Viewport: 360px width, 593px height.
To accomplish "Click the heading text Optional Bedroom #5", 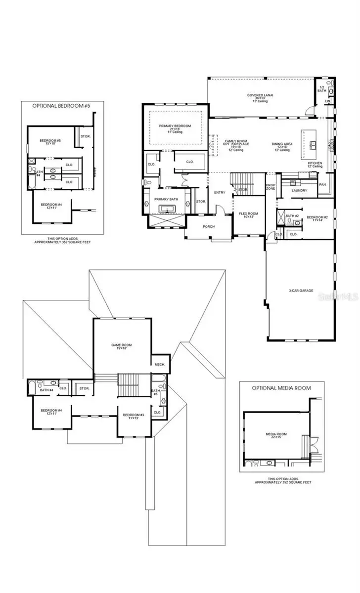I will point(62,105).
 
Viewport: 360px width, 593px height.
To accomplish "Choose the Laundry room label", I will point(300,190).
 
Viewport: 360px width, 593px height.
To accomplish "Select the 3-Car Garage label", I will point(301,291).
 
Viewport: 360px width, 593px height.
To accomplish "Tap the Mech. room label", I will point(160,364).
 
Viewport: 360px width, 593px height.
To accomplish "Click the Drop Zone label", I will point(270,187).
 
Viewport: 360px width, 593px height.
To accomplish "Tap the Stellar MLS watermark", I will point(338,296).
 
